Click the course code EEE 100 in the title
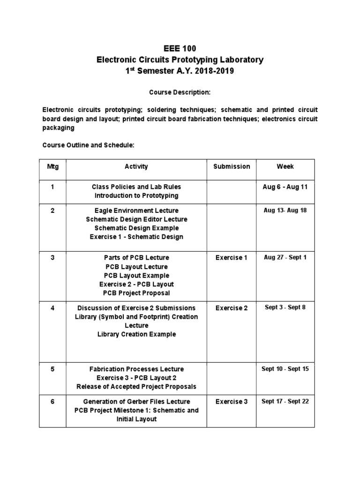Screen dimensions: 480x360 pyautogui.click(x=180, y=48)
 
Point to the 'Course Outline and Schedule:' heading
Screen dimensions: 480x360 pyautogui.click(x=89, y=145)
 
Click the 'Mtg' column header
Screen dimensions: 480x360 pyautogui.click(x=52, y=166)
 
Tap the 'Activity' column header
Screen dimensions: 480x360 pyautogui.click(x=136, y=166)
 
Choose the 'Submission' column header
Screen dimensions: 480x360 pyautogui.click(x=232, y=166)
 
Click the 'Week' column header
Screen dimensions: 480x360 pyautogui.click(x=285, y=166)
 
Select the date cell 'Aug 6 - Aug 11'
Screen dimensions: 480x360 pyautogui.click(x=285, y=187)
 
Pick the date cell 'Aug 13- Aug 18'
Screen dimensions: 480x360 pyautogui.click(x=285, y=210)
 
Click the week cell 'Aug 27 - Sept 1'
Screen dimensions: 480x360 pyautogui.click(x=285, y=258)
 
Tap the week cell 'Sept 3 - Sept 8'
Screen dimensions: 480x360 pyautogui.click(x=285, y=308)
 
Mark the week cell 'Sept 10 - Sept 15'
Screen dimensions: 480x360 pyautogui.click(x=285, y=369)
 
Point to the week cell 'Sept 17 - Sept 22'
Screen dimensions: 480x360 pyautogui.click(x=285, y=401)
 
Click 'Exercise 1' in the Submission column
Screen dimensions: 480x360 pyautogui.click(x=232, y=258)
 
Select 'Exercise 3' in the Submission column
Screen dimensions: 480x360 pyautogui.click(x=232, y=402)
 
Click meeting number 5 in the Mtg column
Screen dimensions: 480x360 pyautogui.click(x=52, y=369)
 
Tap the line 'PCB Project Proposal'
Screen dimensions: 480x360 pyautogui.click(x=136, y=293)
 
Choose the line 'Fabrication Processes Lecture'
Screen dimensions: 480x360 pyautogui.click(x=136, y=369)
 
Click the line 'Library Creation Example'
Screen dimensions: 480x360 pyautogui.click(x=136, y=334)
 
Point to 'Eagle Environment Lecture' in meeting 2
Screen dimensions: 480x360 pyautogui.click(x=136, y=210)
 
